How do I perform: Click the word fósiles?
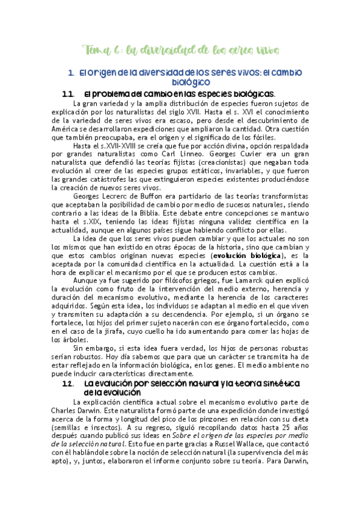(x=259, y=137)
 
